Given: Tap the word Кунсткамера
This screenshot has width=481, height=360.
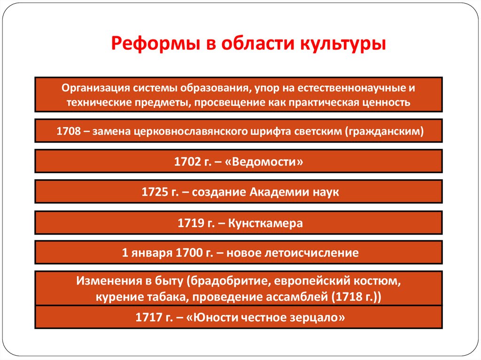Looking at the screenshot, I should (x=265, y=223).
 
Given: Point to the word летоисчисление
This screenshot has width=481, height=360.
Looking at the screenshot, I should (x=313, y=253).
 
